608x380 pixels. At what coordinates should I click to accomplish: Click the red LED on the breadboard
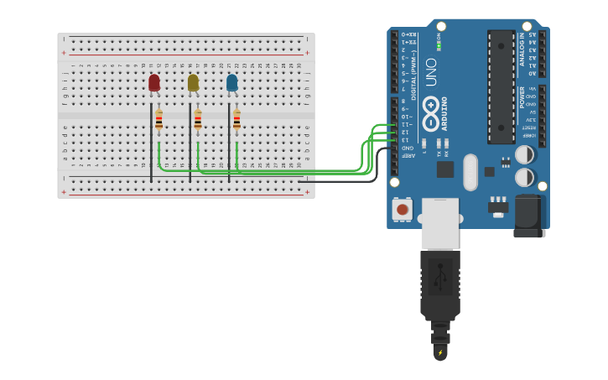(154, 82)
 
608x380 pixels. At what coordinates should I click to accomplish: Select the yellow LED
(193, 82)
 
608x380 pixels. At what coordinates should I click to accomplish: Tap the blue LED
(231, 82)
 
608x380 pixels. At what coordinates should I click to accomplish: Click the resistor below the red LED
(159, 120)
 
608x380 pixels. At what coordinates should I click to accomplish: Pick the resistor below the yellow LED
(198, 120)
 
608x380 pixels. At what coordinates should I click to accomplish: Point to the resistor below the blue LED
(236, 120)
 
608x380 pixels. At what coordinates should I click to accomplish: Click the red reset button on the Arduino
(403, 209)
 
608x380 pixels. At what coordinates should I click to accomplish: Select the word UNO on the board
(431, 71)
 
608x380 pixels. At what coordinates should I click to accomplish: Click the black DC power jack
(529, 216)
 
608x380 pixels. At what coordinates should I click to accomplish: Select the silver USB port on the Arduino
(440, 223)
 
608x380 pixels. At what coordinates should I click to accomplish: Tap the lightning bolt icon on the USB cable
(440, 352)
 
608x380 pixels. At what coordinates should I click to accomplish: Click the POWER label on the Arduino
(522, 96)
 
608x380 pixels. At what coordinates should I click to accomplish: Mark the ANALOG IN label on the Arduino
(522, 49)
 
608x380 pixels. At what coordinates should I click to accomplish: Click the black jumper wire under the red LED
(151, 143)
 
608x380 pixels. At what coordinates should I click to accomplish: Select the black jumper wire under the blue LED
(229, 143)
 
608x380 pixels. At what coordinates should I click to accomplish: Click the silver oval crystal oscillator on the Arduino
(470, 171)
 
